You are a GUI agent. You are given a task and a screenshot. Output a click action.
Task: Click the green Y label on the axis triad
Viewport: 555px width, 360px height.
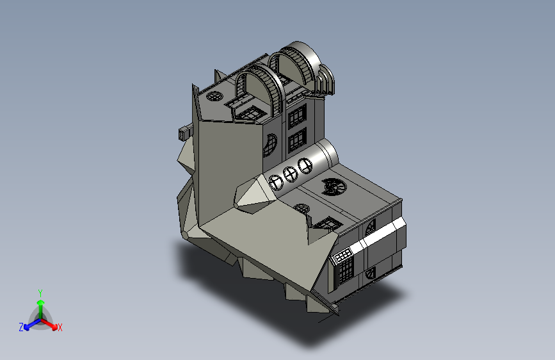pos(40,293)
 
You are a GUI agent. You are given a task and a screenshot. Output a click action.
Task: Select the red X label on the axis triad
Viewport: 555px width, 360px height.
pos(60,327)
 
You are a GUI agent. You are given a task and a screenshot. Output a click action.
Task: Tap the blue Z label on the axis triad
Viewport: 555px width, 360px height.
pos(21,327)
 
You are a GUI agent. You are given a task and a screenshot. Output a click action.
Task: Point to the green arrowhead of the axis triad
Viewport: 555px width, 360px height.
pos(40,303)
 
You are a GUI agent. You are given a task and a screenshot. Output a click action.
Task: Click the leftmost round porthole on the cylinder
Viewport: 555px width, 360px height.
pos(276,183)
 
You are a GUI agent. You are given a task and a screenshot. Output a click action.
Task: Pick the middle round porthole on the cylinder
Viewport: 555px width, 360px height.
pos(291,174)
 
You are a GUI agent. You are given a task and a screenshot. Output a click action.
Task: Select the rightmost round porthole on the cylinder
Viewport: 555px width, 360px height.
pos(305,166)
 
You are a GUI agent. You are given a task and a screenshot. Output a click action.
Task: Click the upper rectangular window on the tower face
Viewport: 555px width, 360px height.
pos(297,115)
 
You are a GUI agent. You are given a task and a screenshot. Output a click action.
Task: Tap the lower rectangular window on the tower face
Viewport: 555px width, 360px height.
pos(297,141)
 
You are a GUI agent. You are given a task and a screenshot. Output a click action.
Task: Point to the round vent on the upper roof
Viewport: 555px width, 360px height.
pos(214,96)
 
